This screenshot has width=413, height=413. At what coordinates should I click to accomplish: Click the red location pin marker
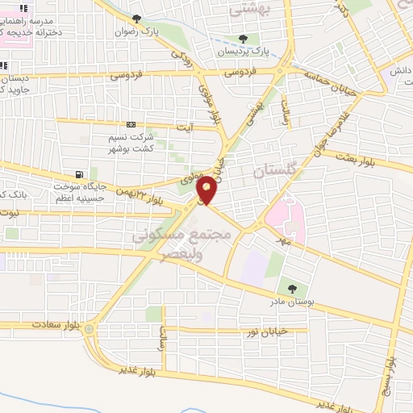[207, 189]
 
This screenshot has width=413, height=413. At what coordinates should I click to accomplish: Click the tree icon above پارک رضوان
[136, 18]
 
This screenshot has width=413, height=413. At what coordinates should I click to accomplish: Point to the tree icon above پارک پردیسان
[243, 38]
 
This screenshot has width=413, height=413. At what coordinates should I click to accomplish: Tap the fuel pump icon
[78, 174]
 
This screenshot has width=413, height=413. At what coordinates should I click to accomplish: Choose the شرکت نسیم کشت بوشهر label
[131, 145]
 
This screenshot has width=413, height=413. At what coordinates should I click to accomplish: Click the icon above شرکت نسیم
[131, 125]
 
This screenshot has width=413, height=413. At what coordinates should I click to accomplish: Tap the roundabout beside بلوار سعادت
[89, 328]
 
